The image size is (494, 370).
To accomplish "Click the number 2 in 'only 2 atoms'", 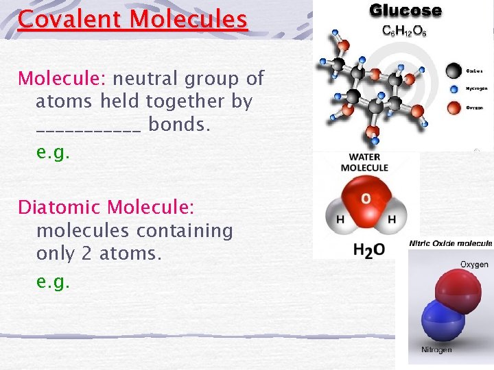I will click(86, 254).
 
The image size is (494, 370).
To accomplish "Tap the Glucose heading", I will click(405, 11).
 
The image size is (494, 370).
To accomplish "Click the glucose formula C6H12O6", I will click(404, 32).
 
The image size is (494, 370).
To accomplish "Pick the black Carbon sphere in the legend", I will click(453, 70).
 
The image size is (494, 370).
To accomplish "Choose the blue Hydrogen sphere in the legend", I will click(453, 88).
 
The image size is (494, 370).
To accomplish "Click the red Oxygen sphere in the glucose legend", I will click(453, 107).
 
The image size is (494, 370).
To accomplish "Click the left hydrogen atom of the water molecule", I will click(339, 219).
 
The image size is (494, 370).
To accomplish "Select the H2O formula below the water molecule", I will click(368, 250).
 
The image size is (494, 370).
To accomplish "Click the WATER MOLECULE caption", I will click(364, 162).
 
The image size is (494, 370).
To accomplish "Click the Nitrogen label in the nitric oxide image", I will click(436, 350).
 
